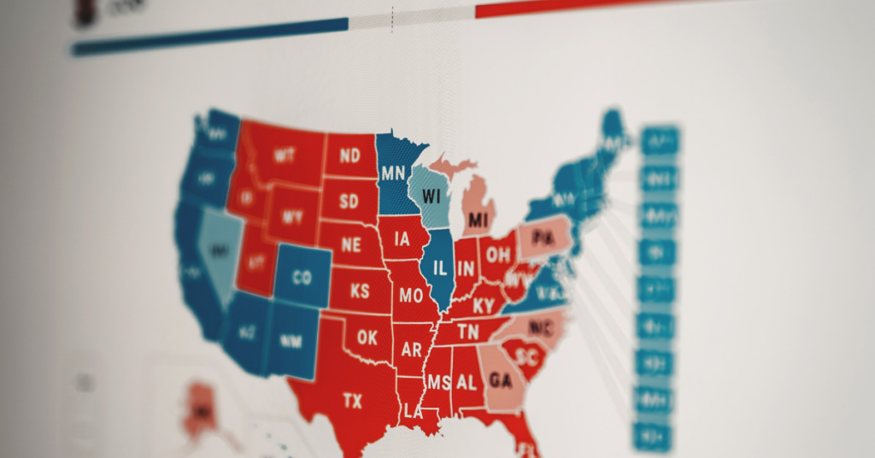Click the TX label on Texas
[352, 400]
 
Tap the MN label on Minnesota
[393, 173]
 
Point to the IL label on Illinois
[440, 267]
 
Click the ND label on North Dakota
[349, 156]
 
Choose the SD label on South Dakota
[349, 203]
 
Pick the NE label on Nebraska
[351, 245]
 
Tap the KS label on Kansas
[360, 291]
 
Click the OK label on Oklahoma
[367, 338]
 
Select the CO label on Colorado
[302, 278]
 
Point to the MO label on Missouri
[411, 297]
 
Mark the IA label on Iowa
[401, 240]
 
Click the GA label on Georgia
[502, 382]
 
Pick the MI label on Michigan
[478, 220]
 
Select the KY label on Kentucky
[483, 306]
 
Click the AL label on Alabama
[466, 384]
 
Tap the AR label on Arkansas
[411, 350]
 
